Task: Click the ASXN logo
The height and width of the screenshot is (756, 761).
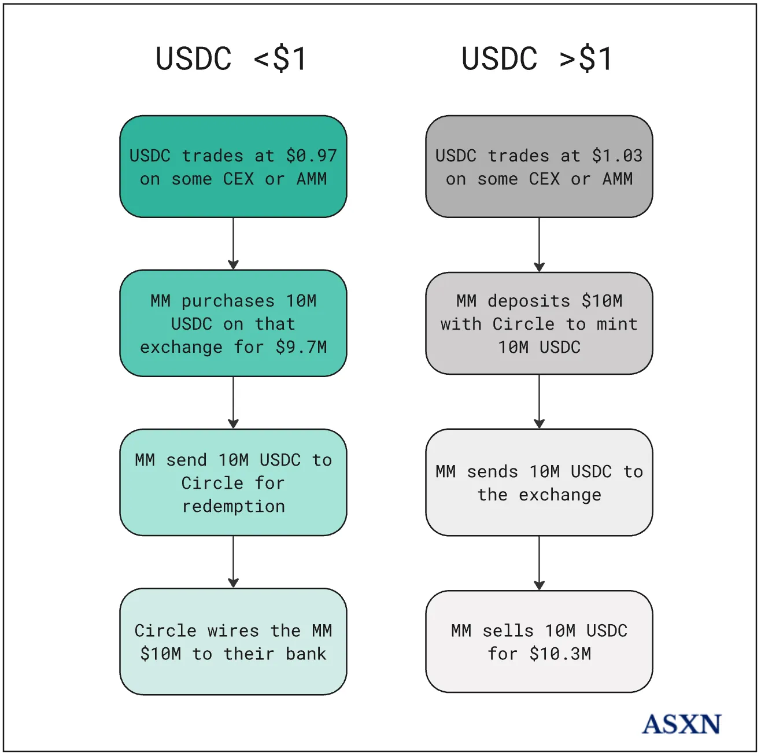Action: click(x=681, y=724)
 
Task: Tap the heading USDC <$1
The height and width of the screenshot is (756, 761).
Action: click(x=231, y=59)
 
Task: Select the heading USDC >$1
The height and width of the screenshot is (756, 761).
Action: click(x=537, y=59)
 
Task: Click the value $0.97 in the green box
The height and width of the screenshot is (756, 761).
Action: click(x=311, y=156)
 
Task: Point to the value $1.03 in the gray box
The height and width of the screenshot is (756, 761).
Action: click(x=617, y=156)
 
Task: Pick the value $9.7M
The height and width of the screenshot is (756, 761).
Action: click(x=301, y=347)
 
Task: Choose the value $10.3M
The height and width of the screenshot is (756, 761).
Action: click(x=560, y=654)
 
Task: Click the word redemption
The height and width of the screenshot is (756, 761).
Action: click(x=233, y=506)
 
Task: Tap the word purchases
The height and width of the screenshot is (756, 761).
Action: click(x=228, y=301)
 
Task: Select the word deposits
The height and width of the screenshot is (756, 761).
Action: click(x=529, y=301)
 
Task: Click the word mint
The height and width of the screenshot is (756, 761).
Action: click(x=617, y=324)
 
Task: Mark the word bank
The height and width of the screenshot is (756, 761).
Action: click(x=306, y=654)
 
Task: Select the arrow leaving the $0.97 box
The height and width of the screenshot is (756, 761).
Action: click(x=233, y=244)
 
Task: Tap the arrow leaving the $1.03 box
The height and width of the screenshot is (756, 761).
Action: click(x=539, y=245)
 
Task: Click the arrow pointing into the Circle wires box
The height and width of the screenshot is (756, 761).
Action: click(x=233, y=562)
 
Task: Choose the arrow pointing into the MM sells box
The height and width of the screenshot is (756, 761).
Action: click(x=539, y=563)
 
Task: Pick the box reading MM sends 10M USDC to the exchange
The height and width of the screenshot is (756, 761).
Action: click(x=539, y=482)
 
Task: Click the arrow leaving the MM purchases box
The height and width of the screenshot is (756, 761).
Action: click(x=233, y=403)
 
